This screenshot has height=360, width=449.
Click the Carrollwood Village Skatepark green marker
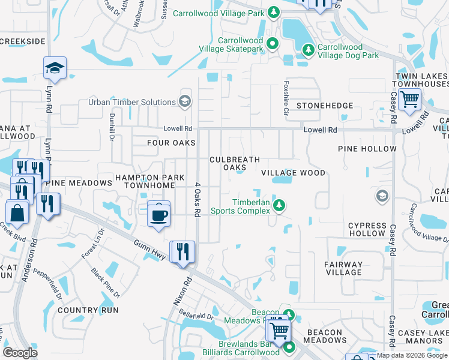(x=272, y=43)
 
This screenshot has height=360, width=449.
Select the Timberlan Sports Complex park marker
(x=279, y=206)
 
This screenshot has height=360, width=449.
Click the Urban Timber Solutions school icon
(x=184, y=101)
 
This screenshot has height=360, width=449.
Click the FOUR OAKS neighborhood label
(x=172, y=143)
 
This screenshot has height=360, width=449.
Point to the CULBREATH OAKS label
(x=234, y=163)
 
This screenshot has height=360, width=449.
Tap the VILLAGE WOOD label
(x=294, y=173)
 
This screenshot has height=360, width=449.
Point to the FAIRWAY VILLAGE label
(x=343, y=268)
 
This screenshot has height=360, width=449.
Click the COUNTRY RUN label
(x=88, y=310)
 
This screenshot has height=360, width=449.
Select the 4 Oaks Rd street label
(x=196, y=200)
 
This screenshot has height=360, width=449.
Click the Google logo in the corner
(x=20, y=353)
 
